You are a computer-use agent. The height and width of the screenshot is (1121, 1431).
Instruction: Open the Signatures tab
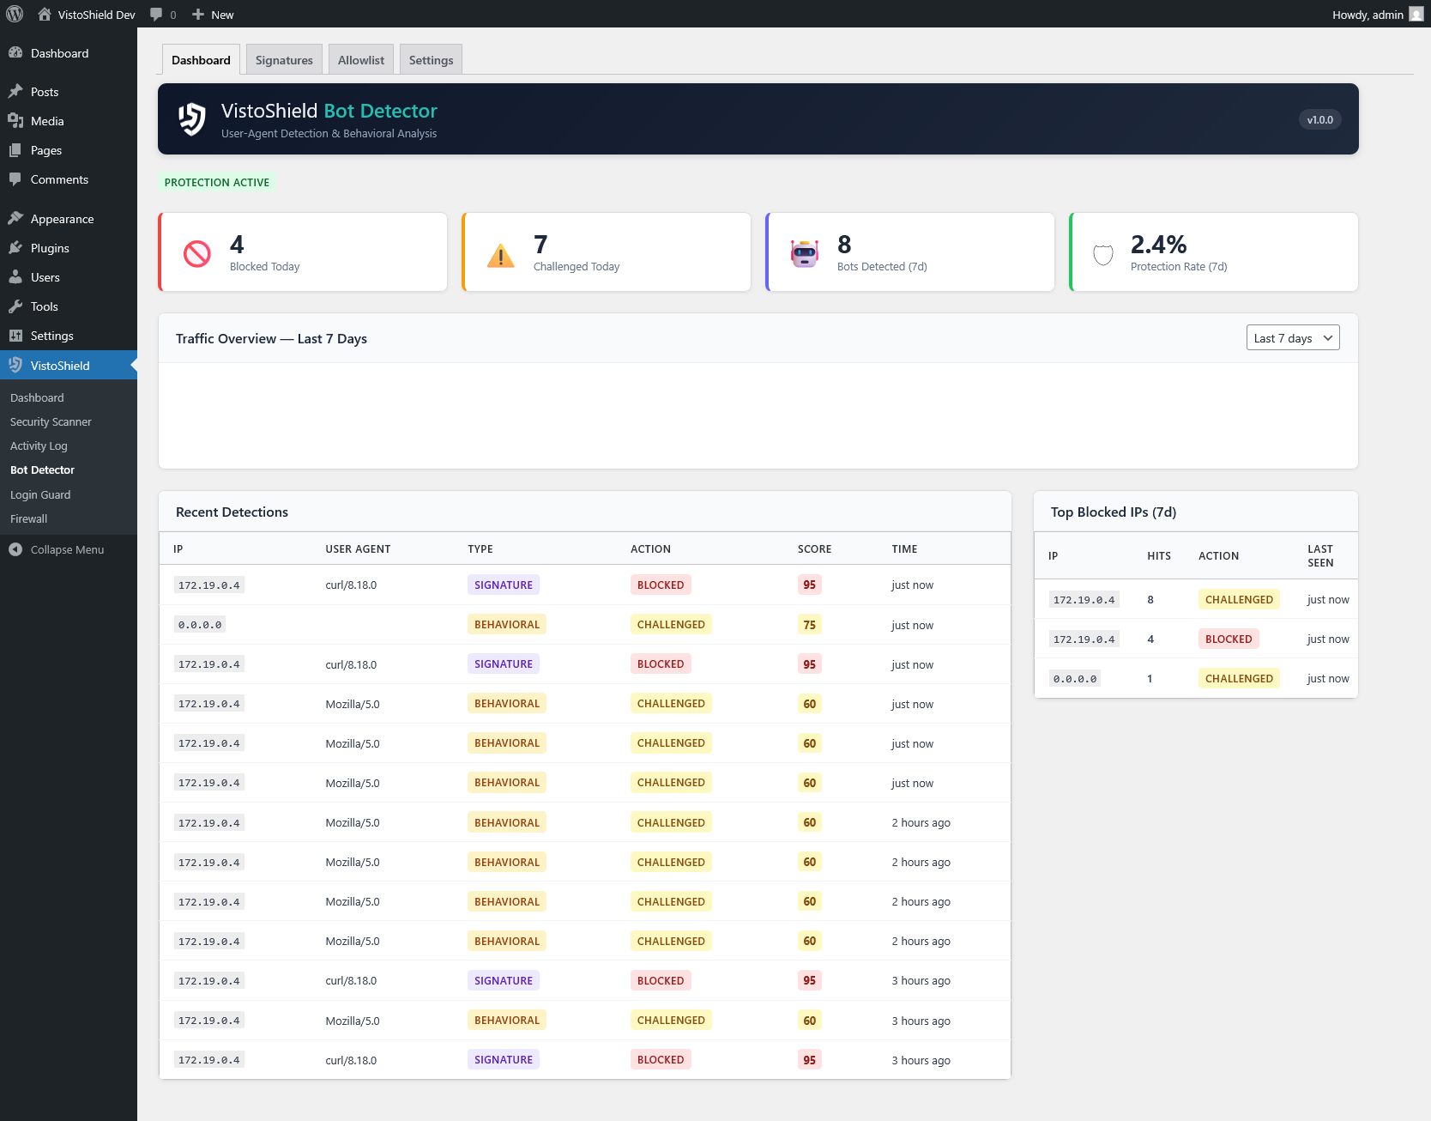(284, 60)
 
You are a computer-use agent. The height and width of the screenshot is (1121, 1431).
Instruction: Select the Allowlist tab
(361, 60)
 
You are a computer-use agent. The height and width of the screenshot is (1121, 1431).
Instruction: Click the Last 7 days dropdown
(1292, 338)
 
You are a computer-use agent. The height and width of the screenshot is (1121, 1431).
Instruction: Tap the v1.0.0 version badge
(1319, 120)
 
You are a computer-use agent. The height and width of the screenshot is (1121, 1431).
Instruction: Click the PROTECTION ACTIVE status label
(217, 183)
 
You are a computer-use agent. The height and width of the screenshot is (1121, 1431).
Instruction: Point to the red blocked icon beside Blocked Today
(197, 254)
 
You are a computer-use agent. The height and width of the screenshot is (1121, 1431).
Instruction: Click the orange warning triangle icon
(501, 256)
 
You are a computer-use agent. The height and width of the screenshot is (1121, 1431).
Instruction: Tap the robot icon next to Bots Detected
(805, 254)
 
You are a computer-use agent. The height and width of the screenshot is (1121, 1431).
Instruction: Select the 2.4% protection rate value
(1158, 245)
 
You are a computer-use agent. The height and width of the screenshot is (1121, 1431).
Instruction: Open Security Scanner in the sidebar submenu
(51, 422)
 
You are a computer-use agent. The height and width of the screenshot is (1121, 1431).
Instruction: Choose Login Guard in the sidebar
(40, 495)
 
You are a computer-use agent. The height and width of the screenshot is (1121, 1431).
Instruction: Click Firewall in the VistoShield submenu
(29, 519)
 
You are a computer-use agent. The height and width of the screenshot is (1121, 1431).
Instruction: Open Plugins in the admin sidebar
(50, 248)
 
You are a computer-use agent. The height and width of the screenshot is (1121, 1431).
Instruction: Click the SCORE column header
(814, 549)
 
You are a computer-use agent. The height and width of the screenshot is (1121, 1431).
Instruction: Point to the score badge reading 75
(809, 625)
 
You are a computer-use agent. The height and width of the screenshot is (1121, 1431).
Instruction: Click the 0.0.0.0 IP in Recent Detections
(200, 625)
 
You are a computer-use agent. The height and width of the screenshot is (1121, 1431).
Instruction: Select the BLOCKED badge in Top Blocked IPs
(1228, 639)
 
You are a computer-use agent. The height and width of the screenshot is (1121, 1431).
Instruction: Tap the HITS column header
(1158, 556)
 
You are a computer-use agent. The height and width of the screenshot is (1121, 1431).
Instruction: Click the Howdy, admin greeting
(1368, 15)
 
